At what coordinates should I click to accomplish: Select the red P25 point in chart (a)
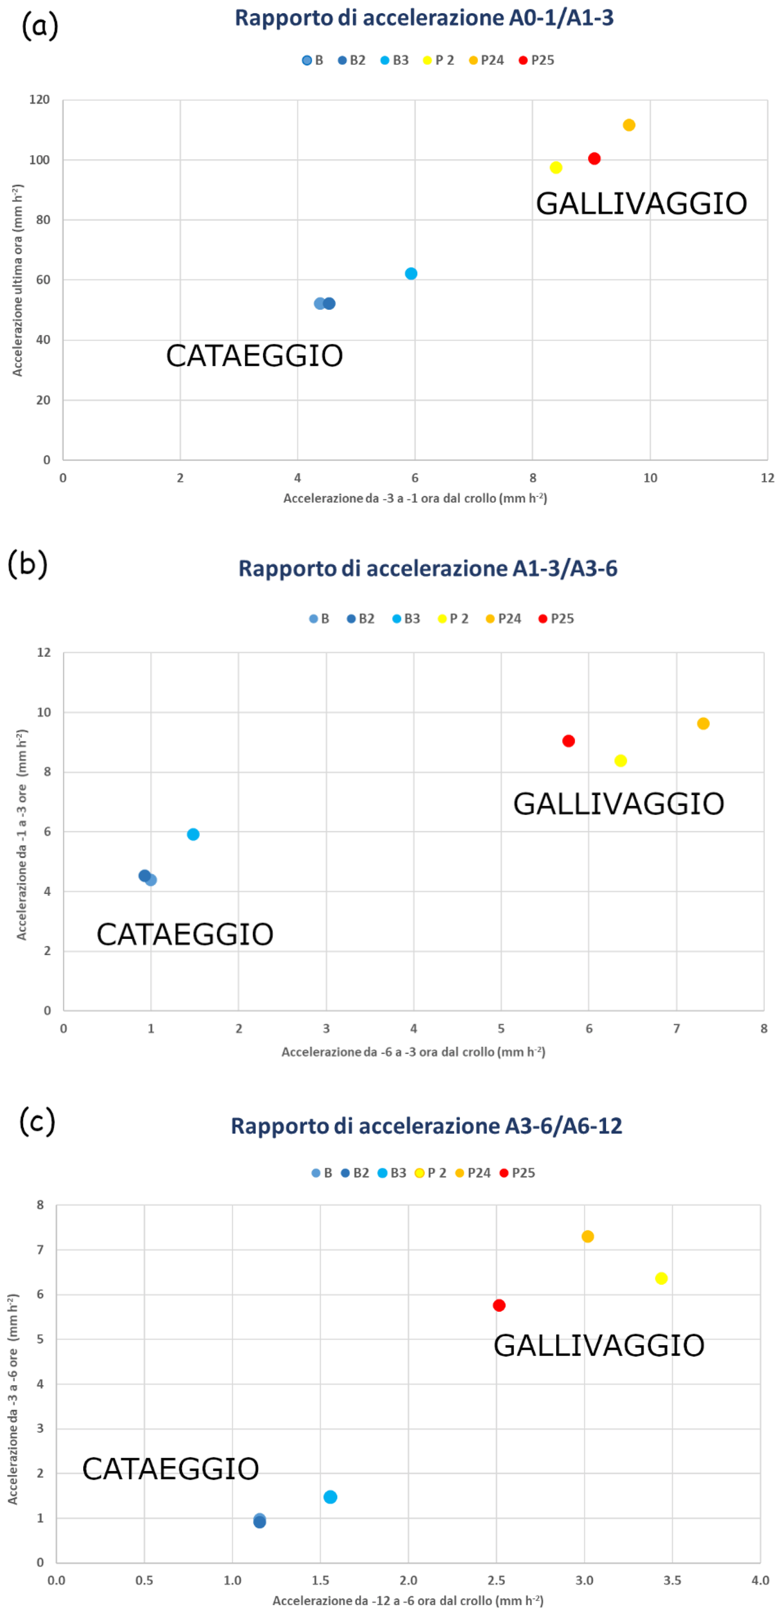click(x=594, y=158)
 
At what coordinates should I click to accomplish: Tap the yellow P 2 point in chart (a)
click(x=556, y=168)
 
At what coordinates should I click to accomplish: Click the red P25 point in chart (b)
click(x=569, y=741)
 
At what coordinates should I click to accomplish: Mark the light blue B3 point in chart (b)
click(x=193, y=835)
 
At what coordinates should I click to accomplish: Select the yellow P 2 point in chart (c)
click(x=661, y=1278)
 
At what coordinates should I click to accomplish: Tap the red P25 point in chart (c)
click(x=499, y=1305)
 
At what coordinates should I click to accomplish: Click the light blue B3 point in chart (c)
click(x=331, y=1497)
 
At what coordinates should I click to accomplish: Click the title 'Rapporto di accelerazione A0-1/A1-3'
click(x=424, y=17)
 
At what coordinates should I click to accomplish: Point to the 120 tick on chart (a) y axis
click(x=39, y=100)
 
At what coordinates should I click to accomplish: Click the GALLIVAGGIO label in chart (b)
click(x=618, y=804)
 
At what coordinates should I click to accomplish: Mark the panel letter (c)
click(x=37, y=1120)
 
